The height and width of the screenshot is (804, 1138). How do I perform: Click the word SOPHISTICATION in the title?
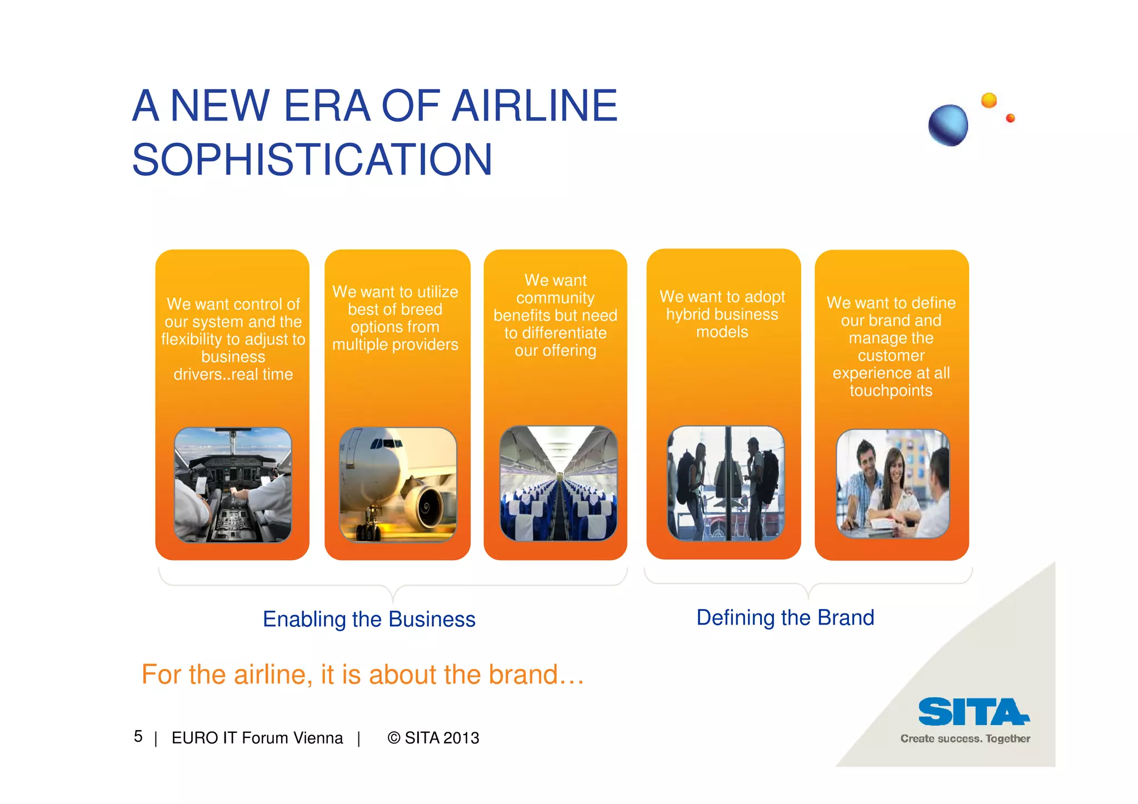(x=312, y=160)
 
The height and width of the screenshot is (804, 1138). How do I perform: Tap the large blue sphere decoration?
(x=948, y=125)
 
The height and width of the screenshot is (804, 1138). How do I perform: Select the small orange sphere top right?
(x=989, y=101)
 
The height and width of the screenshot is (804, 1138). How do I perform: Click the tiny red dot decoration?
(x=1010, y=118)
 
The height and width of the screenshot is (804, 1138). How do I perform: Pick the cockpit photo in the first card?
(x=233, y=485)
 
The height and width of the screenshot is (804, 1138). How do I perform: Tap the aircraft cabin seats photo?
(x=558, y=483)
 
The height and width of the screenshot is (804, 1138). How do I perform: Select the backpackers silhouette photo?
(x=725, y=483)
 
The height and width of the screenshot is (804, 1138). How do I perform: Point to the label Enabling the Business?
(x=369, y=619)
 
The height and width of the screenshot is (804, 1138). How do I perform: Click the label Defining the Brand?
(x=785, y=617)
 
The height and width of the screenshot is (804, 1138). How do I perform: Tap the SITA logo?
(x=973, y=712)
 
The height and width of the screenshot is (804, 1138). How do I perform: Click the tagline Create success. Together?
(x=965, y=738)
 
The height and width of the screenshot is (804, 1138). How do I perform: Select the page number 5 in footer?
(x=138, y=736)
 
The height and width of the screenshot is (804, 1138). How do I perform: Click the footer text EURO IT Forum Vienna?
(x=257, y=738)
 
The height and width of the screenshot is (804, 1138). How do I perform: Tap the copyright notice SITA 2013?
(x=433, y=738)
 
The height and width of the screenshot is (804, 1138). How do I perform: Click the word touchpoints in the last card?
(x=891, y=391)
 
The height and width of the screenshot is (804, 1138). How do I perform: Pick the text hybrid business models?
(x=722, y=314)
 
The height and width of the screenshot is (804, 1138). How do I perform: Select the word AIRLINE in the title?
(x=535, y=106)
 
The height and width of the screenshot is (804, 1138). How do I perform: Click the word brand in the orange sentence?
(x=522, y=675)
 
